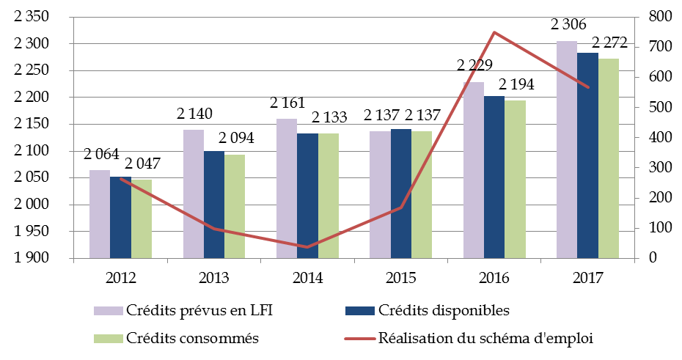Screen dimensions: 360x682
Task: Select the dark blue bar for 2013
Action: pyautogui.click(x=214, y=205)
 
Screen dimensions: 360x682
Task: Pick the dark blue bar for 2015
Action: pyautogui.click(x=401, y=194)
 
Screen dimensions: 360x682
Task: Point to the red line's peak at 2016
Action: pyautogui.click(x=494, y=32)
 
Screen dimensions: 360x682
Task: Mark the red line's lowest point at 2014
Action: pyautogui.click(x=307, y=247)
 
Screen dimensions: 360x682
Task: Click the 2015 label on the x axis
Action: pyautogui.click(x=401, y=279)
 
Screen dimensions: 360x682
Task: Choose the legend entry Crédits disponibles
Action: pyautogui.click(x=443, y=310)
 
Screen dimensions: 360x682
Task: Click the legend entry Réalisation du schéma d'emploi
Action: pyautogui.click(x=483, y=338)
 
